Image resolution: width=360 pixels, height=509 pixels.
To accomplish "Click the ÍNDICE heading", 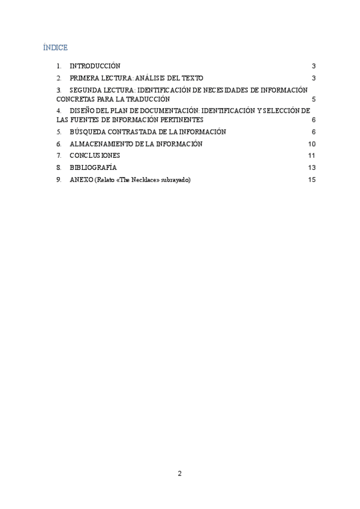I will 56,47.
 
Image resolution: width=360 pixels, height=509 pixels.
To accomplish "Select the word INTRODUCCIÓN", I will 95,66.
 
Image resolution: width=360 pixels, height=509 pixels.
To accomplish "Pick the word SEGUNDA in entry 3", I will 86,89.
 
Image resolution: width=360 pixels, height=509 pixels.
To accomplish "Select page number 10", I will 311,143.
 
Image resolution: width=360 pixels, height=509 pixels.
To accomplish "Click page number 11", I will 311,155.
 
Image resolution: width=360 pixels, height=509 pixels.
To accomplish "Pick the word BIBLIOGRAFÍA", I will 93,167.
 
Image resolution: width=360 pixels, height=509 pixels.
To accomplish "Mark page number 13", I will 311,167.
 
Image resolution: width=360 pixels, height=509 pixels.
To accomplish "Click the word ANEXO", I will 81,179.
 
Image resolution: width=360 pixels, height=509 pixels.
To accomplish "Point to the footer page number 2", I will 179,473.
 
